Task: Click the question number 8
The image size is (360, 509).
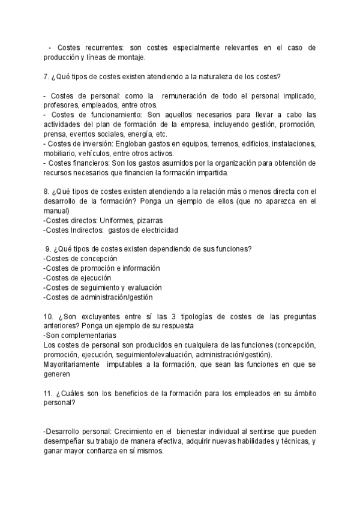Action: click(x=46, y=192)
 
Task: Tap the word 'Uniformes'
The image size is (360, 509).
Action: click(x=116, y=220)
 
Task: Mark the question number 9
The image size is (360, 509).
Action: click(x=48, y=249)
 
